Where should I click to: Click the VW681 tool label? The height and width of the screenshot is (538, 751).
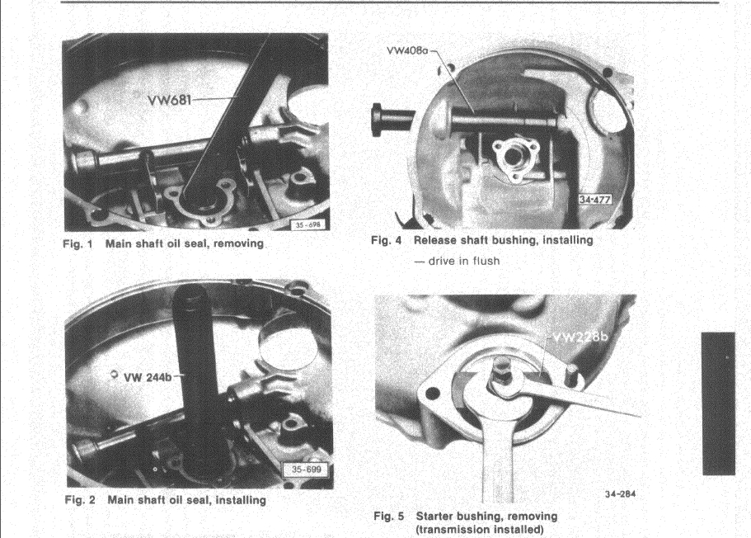coord(169,100)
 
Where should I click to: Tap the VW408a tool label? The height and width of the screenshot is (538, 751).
coord(406,50)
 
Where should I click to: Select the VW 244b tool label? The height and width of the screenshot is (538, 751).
coord(148,377)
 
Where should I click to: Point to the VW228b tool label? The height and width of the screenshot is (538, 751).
coord(580,337)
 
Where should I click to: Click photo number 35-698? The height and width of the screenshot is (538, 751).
coord(307,224)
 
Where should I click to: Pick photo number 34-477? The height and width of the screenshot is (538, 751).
coord(594,199)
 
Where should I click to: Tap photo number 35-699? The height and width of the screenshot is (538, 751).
coord(307,469)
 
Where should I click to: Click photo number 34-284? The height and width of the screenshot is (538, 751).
coord(620,494)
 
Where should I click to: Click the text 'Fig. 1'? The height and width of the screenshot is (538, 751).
coord(77,243)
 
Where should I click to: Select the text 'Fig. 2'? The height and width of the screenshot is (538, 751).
coord(80,500)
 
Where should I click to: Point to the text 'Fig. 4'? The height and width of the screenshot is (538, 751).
coord(387,240)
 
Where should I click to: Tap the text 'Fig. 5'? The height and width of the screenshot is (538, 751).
coord(389,516)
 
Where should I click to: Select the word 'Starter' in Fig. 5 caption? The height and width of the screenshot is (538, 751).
coord(434,516)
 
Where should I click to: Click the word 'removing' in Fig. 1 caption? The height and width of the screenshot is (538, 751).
coord(238,243)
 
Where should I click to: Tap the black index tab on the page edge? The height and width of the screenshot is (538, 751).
coord(718,403)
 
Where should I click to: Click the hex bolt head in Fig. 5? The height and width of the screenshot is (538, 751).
coord(502,370)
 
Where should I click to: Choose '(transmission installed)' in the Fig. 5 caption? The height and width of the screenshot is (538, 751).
coord(480,530)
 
